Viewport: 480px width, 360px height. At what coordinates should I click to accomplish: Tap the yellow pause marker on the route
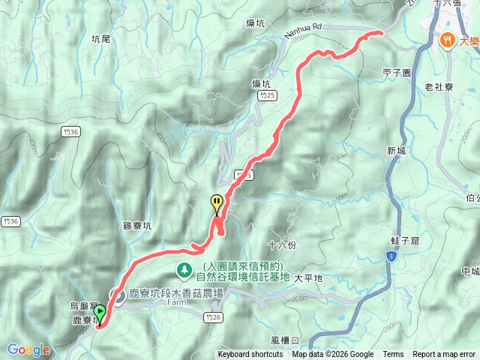[x=216, y=202]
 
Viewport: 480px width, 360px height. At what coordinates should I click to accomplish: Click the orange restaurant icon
[x=448, y=40]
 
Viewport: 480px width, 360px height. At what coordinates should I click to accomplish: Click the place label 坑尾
[x=100, y=38]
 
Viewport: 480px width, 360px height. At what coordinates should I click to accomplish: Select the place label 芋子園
[x=397, y=73]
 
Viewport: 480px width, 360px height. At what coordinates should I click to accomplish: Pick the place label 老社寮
[x=439, y=87]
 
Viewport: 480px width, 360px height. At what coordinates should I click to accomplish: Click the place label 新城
[x=397, y=151]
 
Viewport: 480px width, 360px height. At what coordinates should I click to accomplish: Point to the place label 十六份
[x=282, y=245]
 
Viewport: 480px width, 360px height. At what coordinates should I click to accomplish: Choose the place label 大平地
[x=307, y=277]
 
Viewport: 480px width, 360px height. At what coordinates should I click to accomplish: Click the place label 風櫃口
[x=286, y=340]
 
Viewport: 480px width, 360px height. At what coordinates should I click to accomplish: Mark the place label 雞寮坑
[x=136, y=225]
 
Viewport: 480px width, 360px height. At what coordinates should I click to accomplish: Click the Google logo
[x=28, y=349]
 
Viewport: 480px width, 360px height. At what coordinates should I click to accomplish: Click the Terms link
[x=393, y=355]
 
